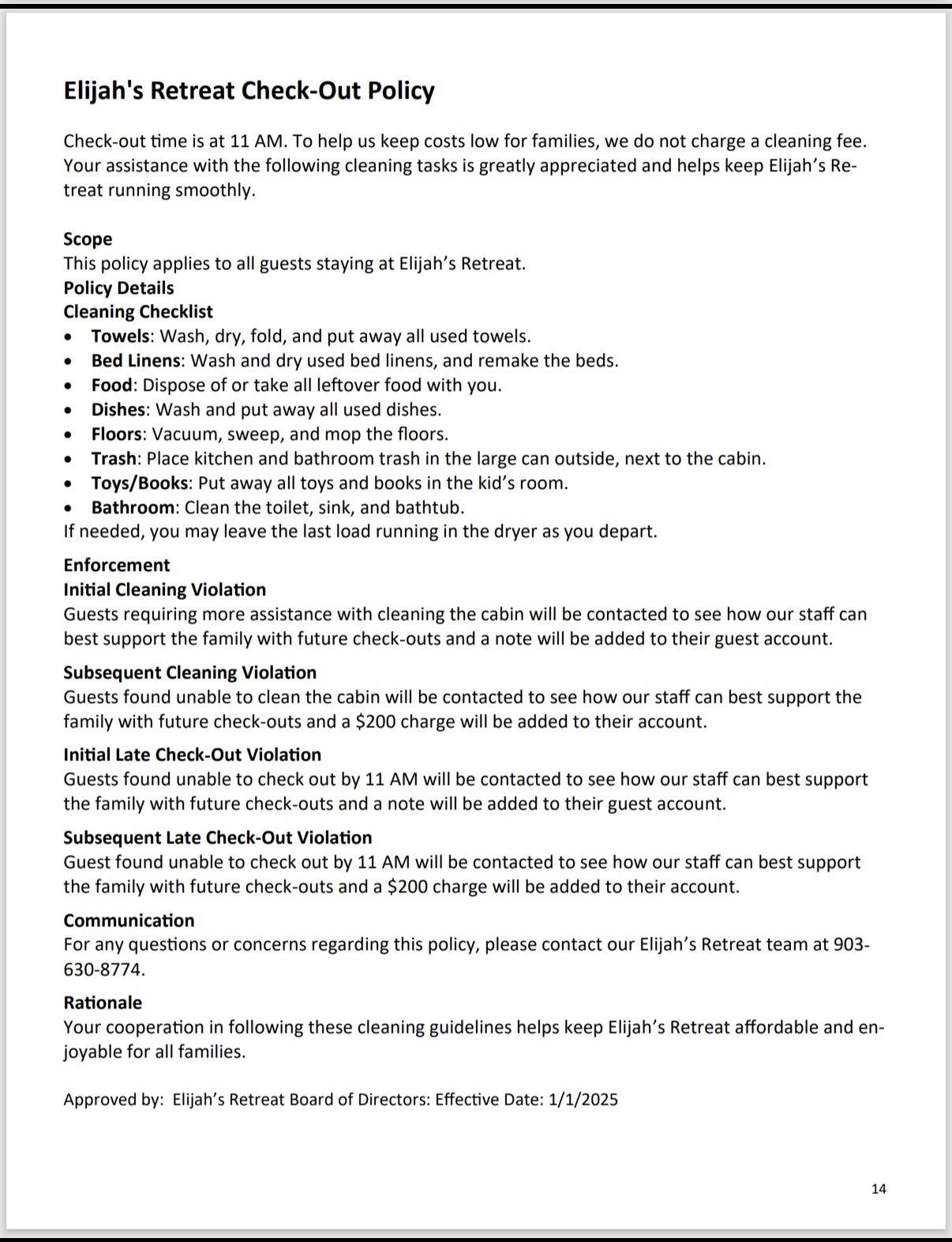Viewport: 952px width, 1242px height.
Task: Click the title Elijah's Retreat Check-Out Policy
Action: [249, 91]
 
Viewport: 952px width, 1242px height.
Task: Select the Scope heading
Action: [88, 239]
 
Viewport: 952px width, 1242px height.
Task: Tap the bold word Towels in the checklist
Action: [120, 336]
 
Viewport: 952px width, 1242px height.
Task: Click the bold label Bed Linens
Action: [136, 361]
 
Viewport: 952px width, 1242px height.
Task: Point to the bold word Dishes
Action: [118, 410]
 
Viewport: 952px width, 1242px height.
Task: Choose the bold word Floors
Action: [116, 434]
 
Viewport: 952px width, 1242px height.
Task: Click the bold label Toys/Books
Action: [140, 483]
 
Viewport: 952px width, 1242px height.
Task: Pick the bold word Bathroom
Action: [133, 508]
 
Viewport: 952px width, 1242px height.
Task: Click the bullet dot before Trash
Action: [71, 460]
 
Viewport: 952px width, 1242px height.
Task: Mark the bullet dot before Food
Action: [71, 386]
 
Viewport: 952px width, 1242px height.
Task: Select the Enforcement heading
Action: [117, 565]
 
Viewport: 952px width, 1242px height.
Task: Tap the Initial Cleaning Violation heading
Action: [164, 590]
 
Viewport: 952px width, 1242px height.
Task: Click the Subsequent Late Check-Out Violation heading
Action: [217, 838]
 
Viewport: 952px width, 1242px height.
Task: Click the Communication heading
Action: [129, 921]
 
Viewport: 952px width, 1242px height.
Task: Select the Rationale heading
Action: [103, 1003]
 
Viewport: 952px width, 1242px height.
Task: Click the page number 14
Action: [879, 1189]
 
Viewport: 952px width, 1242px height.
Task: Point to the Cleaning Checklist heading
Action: [138, 312]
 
